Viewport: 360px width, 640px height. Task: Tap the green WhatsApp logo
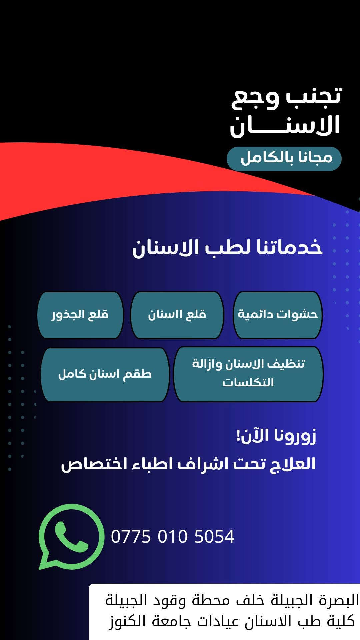coord(71,536)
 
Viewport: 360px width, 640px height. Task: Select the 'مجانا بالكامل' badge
coord(284,159)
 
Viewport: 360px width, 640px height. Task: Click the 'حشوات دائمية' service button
coord(278,315)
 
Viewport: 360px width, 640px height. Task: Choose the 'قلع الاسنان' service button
coord(177,315)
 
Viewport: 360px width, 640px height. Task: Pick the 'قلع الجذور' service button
coord(80,315)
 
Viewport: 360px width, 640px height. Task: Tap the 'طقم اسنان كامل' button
coord(105,374)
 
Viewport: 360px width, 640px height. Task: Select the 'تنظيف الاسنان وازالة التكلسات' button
coord(248,374)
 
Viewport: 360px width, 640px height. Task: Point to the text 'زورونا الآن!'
coord(276,436)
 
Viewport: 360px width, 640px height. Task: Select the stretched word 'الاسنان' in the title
coord(285,125)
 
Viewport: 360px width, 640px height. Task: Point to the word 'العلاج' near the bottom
coord(292,464)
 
